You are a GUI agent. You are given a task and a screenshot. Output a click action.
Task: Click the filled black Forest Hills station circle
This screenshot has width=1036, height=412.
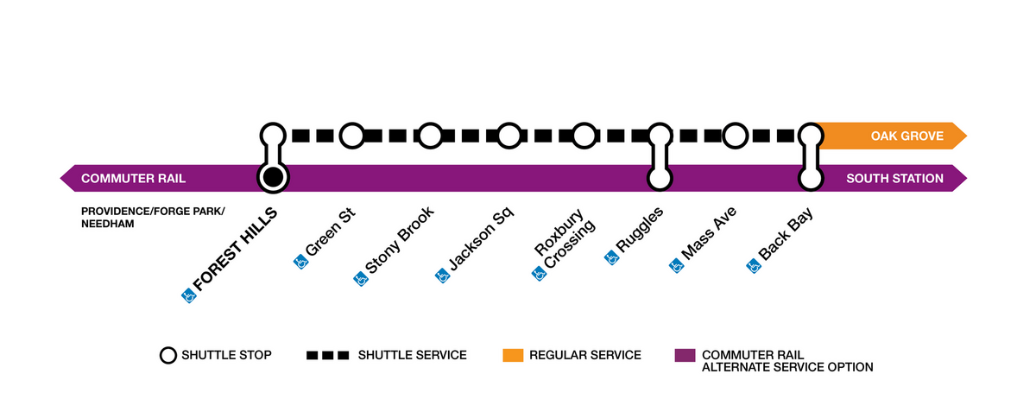click(x=273, y=178)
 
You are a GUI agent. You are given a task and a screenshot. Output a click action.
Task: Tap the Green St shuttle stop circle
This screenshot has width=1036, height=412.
click(x=351, y=136)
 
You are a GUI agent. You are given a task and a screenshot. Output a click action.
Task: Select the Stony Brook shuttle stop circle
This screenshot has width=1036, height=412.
click(x=430, y=136)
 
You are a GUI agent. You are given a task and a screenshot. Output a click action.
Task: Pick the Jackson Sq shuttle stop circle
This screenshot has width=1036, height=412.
click(x=509, y=136)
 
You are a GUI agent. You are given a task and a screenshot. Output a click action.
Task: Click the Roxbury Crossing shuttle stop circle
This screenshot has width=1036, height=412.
click(x=584, y=136)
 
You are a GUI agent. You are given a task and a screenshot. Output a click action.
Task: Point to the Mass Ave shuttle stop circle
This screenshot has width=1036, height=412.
click(x=735, y=136)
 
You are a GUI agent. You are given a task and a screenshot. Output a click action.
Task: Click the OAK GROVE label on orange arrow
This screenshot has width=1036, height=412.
click(x=906, y=136)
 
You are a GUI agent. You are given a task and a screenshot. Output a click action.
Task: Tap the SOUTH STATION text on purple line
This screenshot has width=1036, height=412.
click(x=894, y=179)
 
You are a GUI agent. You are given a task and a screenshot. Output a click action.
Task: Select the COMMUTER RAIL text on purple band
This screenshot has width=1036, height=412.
click(x=133, y=179)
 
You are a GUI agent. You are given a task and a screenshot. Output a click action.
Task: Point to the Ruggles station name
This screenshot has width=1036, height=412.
click(x=641, y=231)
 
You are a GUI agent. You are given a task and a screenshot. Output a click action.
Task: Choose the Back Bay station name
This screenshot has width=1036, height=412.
click(x=786, y=234)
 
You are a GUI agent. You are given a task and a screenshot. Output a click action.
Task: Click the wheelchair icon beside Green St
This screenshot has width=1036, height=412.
click(x=301, y=260)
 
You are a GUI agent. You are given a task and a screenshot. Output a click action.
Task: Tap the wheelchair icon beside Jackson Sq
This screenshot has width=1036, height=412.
click(x=442, y=276)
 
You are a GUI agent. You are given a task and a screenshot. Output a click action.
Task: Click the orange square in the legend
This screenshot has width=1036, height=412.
click(x=512, y=355)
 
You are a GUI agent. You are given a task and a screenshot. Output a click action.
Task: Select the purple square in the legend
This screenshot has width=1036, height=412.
click(x=684, y=355)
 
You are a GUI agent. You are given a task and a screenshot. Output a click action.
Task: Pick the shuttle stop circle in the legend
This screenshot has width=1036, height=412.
click(x=167, y=355)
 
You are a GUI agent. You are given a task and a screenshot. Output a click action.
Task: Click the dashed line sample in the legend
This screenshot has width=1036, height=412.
click(x=327, y=355)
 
